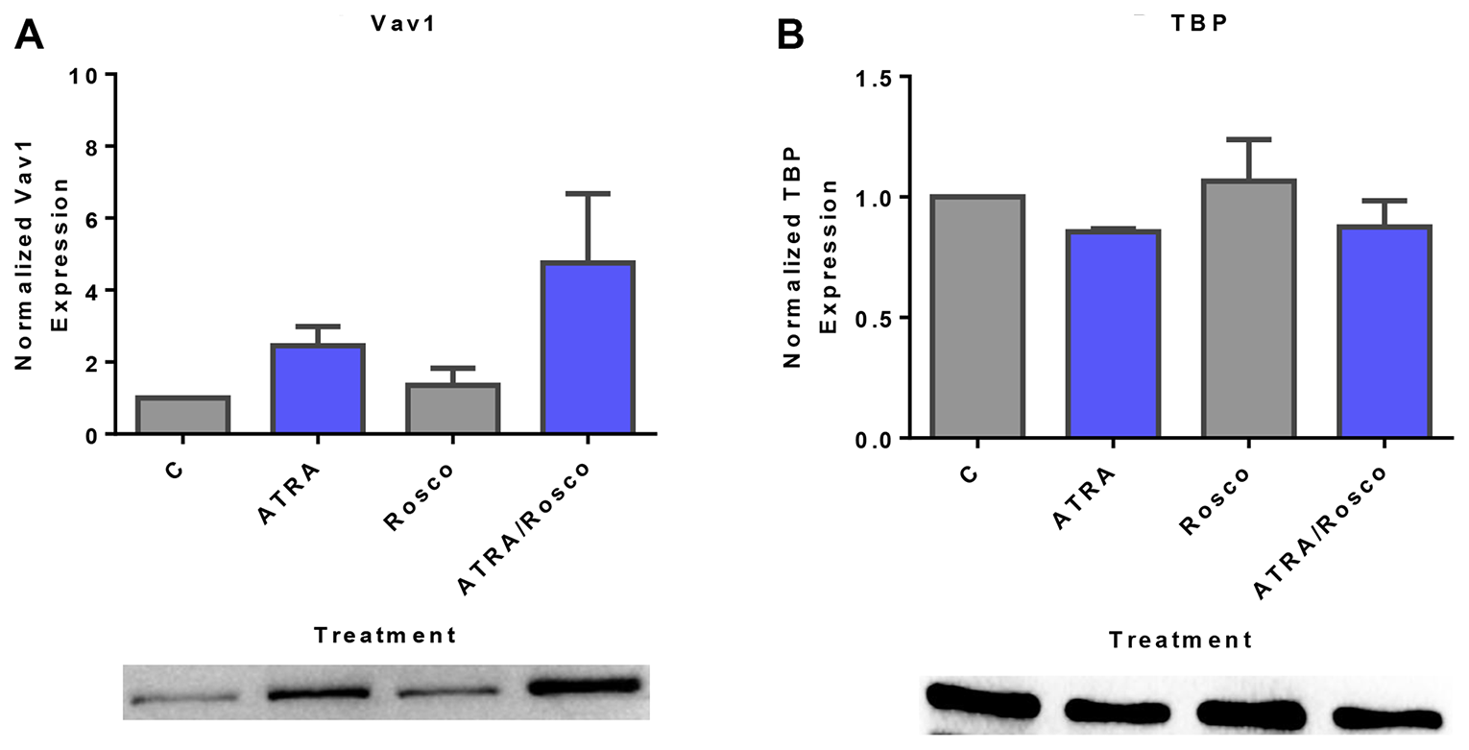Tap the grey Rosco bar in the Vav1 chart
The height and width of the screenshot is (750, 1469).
coord(452,408)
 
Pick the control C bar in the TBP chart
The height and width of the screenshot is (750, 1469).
coord(976,317)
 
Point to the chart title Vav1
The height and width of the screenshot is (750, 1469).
coord(403,25)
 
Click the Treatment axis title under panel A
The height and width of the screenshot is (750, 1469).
coord(385,635)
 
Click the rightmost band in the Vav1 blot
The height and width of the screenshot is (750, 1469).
coord(584,686)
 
